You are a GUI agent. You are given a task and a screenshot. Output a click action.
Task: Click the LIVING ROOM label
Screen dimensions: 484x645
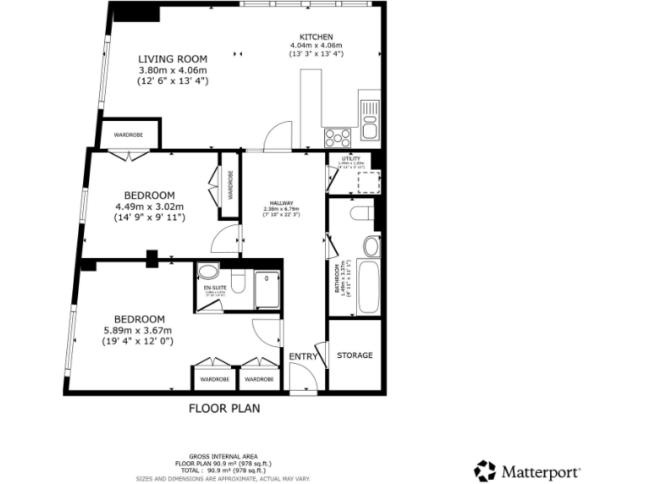(x=173, y=59)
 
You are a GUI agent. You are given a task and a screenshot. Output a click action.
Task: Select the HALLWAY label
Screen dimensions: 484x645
(x=281, y=203)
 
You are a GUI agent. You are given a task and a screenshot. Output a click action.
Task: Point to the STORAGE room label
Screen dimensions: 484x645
(x=354, y=355)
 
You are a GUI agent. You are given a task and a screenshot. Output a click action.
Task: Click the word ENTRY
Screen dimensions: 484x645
(x=303, y=357)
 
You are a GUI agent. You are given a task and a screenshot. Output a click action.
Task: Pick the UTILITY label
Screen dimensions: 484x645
(x=351, y=158)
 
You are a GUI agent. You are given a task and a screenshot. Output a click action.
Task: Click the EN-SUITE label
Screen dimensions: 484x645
(x=215, y=287)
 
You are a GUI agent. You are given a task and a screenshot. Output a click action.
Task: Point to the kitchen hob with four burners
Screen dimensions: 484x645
(x=338, y=136)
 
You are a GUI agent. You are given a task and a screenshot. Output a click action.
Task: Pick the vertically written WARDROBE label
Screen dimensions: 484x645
(x=229, y=186)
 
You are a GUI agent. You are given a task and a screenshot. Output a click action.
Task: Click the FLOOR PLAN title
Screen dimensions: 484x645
(x=223, y=409)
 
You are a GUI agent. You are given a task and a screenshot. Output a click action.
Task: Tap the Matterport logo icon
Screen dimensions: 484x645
(x=485, y=471)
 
